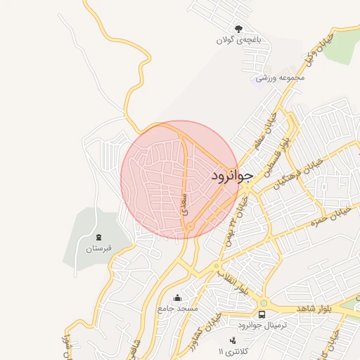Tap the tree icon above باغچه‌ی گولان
point(239,30)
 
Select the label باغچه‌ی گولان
point(239,41)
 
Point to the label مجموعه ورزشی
point(281,77)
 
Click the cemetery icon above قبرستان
point(98,237)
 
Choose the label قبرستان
point(98,248)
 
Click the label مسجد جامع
point(179,309)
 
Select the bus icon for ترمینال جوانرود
point(262,314)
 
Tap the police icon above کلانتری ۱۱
point(233,340)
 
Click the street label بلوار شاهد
point(312,308)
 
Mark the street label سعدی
point(185,202)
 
